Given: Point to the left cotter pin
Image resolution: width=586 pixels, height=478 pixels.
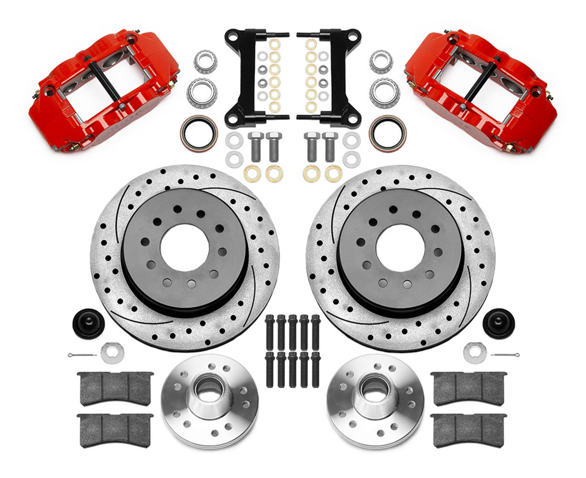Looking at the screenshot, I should [82, 356].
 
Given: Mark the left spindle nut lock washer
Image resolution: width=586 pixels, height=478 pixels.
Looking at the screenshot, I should [112, 352].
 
